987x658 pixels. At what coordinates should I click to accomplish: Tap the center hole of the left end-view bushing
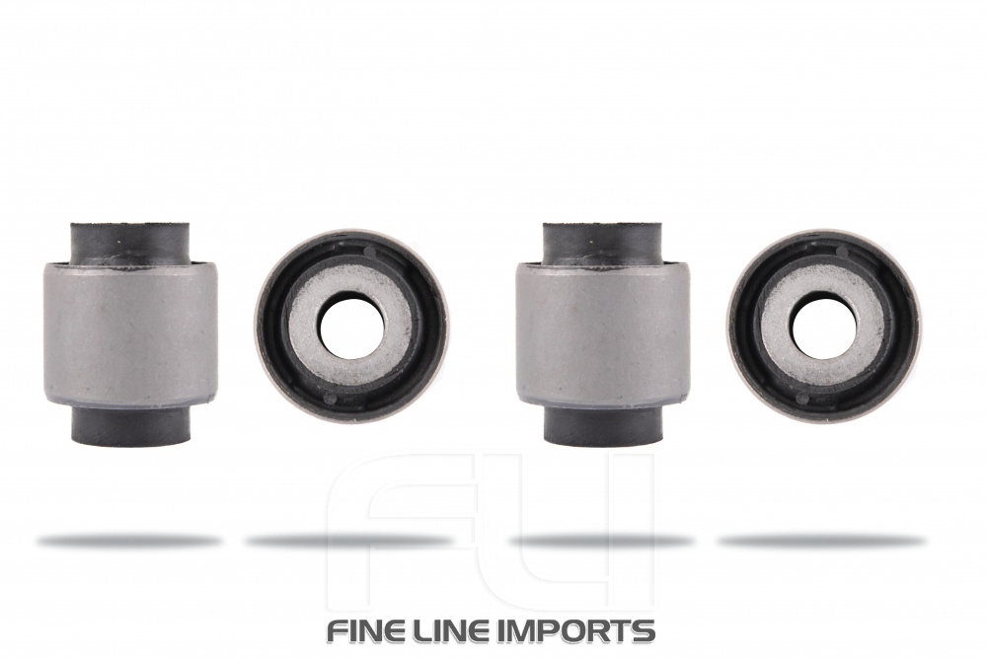[350, 327]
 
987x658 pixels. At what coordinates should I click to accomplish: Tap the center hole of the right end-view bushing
[823, 327]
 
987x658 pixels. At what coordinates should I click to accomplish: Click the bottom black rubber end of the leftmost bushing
[129, 425]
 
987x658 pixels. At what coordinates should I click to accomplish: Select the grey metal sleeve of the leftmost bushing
[129, 330]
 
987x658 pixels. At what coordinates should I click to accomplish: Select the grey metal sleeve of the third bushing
[602, 330]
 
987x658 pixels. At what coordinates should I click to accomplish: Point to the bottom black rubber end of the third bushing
[602, 425]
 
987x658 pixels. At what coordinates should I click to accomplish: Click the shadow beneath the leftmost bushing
[129, 541]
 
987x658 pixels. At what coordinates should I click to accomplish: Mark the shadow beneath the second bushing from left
[350, 541]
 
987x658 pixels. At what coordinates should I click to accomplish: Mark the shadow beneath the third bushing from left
[602, 541]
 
